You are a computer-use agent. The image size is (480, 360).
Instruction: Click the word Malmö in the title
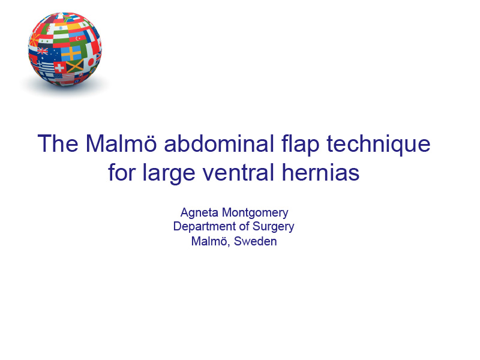[121, 143]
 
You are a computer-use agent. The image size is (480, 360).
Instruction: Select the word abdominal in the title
[219, 143]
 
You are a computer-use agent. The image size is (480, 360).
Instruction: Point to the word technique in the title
[379, 145]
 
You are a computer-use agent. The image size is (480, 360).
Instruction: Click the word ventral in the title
[238, 173]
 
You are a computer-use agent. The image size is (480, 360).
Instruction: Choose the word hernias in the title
[320, 172]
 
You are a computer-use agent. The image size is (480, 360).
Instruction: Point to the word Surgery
[274, 227]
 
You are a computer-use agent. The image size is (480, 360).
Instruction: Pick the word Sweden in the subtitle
[256, 241]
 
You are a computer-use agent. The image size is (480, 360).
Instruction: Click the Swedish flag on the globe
[71, 53]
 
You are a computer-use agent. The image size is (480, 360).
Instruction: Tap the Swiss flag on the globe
[59, 67]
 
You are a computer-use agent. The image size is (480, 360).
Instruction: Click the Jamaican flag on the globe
[74, 66]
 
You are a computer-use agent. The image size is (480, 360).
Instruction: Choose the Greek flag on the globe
[44, 68]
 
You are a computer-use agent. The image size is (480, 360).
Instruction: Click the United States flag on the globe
[64, 77]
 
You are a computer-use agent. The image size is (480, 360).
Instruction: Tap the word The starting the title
[58, 143]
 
